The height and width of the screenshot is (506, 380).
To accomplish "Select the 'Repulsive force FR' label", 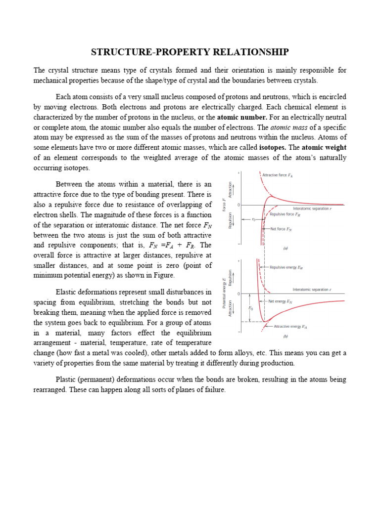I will pos(285,214).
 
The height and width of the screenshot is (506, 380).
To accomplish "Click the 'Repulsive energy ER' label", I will pos(286,267).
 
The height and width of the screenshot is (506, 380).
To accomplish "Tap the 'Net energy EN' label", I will pos(281,300).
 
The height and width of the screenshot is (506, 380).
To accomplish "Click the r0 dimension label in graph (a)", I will pos(253,219).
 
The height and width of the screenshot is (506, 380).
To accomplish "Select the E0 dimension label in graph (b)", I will pos(250,307).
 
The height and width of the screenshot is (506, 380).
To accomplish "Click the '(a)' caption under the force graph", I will pos(285,249).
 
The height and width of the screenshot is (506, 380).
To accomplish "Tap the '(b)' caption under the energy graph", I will pos(285,337).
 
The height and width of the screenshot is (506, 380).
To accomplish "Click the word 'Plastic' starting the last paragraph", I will pos(66,379).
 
